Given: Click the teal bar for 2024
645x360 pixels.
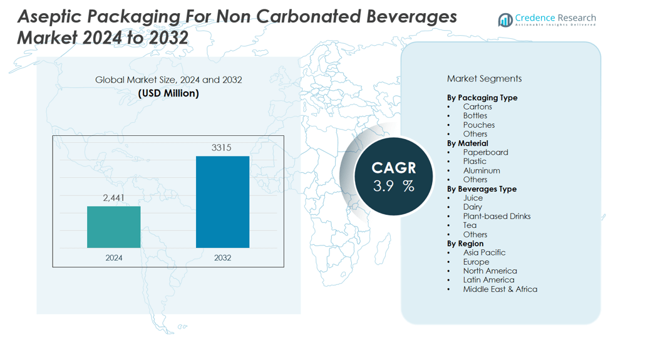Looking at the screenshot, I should click(113, 227).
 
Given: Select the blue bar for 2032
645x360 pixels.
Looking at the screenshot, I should click(222, 202).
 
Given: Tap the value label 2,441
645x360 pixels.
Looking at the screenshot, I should click(114, 198).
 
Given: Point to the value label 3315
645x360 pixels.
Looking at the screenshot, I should click(222, 148).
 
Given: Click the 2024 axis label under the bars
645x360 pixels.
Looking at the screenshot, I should click(114, 257).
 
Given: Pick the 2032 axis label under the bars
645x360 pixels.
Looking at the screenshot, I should click(222, 257).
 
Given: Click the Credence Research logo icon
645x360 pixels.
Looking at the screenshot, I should click(505, 21).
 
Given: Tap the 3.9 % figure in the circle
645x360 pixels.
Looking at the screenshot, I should click(393, 186).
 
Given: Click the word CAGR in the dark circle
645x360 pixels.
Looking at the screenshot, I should click(393, 168).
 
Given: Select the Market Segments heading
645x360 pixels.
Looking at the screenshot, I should click(484, 79).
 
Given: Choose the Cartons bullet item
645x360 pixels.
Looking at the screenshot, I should click(477, 106).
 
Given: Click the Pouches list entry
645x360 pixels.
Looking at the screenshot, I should click(478, 125).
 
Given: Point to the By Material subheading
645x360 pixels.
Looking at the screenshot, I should click(468, 143).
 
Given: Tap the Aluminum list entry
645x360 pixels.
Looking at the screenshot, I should click(481, 170).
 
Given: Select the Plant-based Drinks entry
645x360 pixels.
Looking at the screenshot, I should click(497, 216).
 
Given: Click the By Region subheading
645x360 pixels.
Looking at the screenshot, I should click(465, 244).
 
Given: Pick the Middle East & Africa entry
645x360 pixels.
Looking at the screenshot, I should click(500, 289).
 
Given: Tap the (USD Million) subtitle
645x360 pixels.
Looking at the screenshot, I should click(168, 93).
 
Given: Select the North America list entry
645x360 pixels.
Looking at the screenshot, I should click(490, 271).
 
